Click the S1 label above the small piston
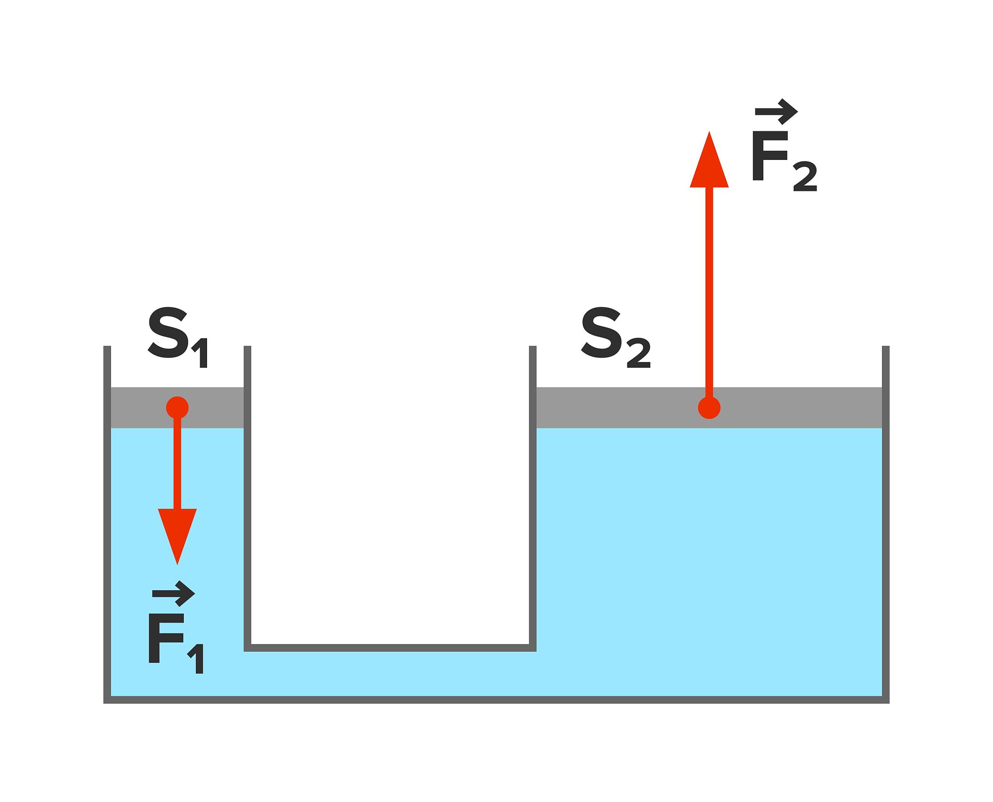[177, 337]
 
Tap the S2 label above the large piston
[615, 337]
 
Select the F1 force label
[176, 639]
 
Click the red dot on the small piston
[177, 408]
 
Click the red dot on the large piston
[709, 408]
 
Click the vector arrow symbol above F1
[174, 594]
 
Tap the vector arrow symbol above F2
[776, 112]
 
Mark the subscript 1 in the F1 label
[197, 660]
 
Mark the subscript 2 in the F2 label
[805, 178]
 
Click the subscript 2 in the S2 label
[639, 355]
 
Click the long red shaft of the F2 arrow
[709, 291]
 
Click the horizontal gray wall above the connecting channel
[390, 648]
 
